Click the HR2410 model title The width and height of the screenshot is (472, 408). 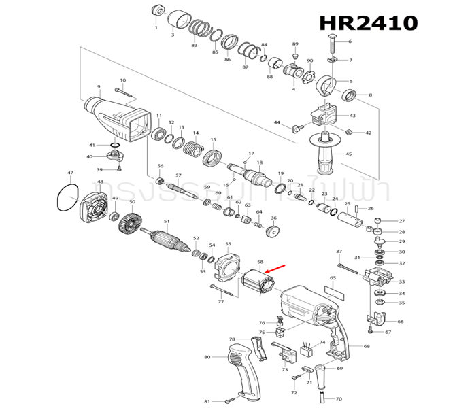click(368, 22)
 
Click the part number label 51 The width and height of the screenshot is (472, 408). click(166, 221)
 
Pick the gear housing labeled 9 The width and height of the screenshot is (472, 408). click(120, 118)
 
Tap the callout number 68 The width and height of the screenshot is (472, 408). click(367, 347)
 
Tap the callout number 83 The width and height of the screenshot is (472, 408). click(194, 46)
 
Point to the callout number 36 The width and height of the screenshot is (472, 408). click(274, 218)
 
